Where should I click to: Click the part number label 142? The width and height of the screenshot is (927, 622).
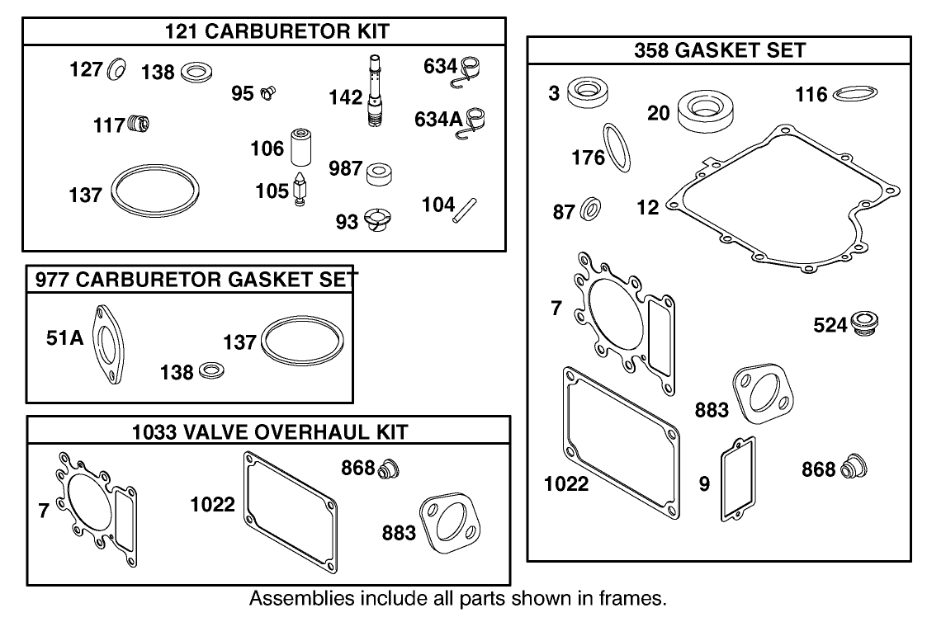[345, 97]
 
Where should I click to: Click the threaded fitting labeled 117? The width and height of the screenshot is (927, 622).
[138, 125]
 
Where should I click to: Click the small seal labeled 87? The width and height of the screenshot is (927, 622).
[591, 210]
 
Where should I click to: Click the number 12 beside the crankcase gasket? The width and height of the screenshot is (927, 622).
[648, 207]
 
